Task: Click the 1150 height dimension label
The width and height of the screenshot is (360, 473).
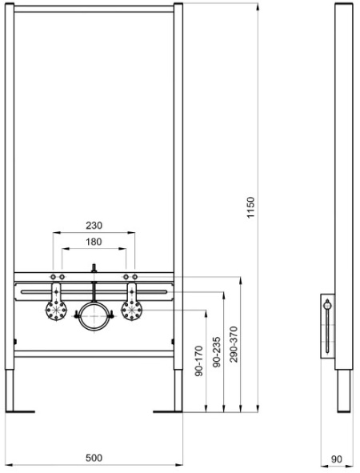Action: (x=251, y=207)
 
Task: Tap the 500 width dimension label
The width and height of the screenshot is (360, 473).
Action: (x=94, y=458)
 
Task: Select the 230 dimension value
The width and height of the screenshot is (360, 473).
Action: (x=94, y=226)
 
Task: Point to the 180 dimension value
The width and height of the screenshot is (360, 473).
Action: (x=94, y=242)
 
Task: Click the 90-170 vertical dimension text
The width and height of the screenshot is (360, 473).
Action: (x=199, y=361)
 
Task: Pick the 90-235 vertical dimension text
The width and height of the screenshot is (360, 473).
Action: (x=217, y=352)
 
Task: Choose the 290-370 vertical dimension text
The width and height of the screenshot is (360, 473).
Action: (x=234, y=344)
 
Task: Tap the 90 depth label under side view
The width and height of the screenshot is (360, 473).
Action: (x=337, y=459)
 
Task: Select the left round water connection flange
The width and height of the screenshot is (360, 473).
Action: (x=56, y=311)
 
